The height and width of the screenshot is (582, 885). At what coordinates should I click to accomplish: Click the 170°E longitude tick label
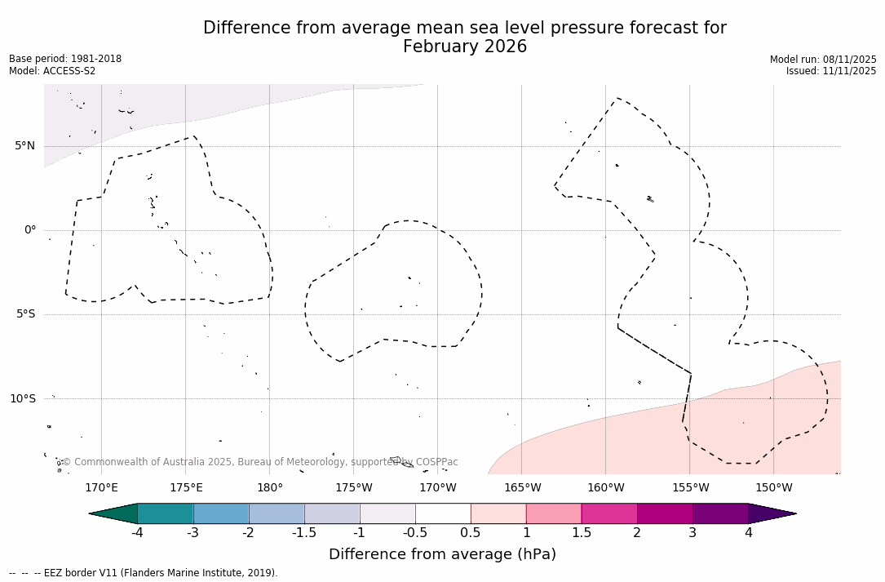tap(101, 488)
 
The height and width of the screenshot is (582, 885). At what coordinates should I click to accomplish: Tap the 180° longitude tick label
tap(269, 488)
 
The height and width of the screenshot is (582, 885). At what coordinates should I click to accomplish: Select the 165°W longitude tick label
tap(522, 488)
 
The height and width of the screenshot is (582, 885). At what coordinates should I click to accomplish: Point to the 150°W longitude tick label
tap(773, 488)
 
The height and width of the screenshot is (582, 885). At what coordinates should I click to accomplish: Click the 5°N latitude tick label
tap(24, 146)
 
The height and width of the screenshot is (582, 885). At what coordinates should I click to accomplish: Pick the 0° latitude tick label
tap(29, 230)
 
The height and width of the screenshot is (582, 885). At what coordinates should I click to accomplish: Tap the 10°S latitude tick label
tap(23, 398)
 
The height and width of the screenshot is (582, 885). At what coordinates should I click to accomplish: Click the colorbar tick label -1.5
tap(304, 533)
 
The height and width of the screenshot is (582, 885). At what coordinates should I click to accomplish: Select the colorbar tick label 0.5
tap(471, 533)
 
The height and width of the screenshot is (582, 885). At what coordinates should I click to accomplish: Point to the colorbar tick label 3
tap(693, 533)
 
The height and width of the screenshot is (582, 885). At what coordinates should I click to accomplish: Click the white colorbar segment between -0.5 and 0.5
tap(443, 513)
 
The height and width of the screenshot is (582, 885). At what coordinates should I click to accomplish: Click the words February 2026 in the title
tap(465, 47)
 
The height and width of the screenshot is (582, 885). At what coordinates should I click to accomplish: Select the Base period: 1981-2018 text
tap(65, 59)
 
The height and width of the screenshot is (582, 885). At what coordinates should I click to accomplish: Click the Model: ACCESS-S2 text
tap(52, 71)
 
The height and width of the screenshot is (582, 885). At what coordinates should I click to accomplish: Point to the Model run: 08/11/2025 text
tap(823, 60)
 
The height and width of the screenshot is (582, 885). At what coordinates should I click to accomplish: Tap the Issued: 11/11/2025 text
tap(831, 71)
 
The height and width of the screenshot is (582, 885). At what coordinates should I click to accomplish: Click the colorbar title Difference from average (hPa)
tap(442, 555)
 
